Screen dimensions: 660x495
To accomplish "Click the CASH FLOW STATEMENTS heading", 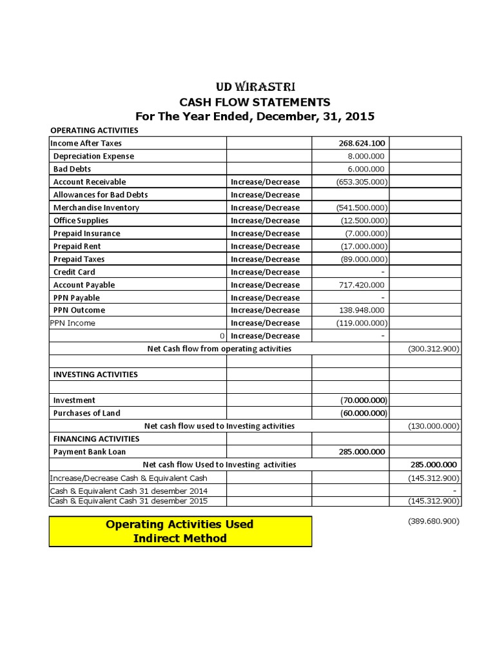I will [255, 102].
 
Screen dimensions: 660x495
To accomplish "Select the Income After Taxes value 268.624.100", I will [361, 143].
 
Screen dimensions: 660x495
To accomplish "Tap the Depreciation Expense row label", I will [93, 156].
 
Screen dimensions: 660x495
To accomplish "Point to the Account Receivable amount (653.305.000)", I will [362, 182].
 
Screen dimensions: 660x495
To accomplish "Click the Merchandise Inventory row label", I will [96, 208].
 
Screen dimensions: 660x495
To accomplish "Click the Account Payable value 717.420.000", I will [362, 285].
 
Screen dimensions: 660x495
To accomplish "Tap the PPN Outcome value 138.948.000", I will [362, 310].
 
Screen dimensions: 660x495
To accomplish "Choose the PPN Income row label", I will [72, 323].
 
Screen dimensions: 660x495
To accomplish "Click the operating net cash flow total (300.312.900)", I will [433, 349].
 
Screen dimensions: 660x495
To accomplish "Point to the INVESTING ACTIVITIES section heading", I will [95, 374].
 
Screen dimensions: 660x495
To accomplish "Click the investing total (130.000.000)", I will [433, 426].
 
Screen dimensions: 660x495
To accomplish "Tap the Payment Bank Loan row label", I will [90, 452].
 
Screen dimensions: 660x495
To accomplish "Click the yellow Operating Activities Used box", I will [180, 531].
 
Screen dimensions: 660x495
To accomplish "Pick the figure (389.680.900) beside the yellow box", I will [433, 521].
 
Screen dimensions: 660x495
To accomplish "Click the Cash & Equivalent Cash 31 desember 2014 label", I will [129, 490].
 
